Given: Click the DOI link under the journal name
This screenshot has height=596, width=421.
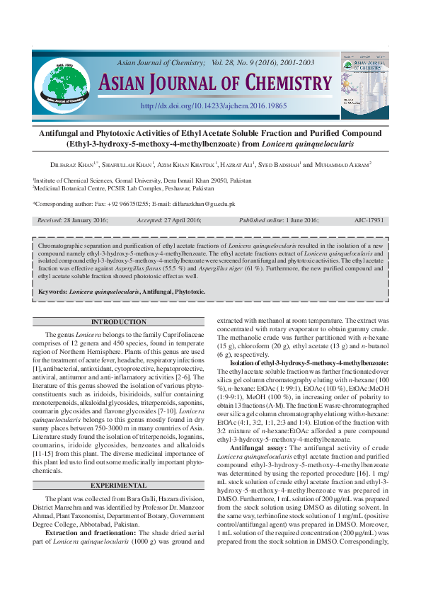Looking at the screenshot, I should point(214,105).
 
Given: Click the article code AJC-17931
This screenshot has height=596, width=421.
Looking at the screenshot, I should point(368,220).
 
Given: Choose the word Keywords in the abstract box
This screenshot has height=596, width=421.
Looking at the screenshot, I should point(54,292).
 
